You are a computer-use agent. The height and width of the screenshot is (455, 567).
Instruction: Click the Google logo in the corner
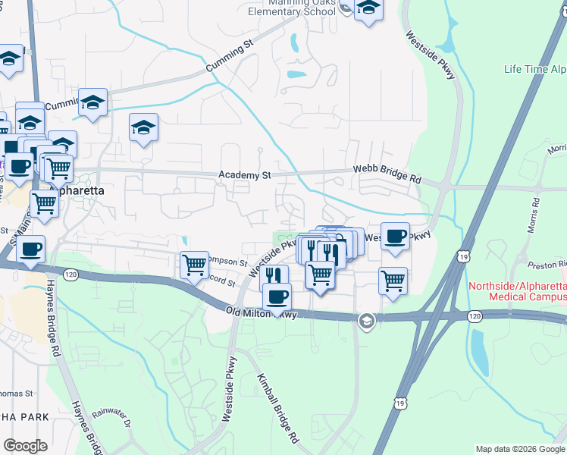[x=25, y=446]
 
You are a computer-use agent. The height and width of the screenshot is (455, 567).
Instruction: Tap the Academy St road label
[x=244, y=175]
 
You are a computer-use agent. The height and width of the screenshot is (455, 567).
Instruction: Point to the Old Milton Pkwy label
[x=261, y=312]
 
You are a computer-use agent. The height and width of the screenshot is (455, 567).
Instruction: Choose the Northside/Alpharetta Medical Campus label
[x=517, y=292]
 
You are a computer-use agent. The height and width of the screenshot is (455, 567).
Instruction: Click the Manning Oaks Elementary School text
[x=293, y=8]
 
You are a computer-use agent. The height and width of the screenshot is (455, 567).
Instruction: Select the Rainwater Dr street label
[x=112, y=418]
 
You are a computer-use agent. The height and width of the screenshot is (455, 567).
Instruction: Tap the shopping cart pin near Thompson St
[x=195, y=265]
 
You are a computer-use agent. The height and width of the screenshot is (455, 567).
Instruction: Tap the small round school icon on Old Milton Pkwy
[x=367, y=322]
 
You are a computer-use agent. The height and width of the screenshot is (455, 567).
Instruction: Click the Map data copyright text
[x=519, y=449]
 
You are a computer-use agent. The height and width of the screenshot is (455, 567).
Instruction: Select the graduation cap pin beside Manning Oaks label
[x=368, y=9]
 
